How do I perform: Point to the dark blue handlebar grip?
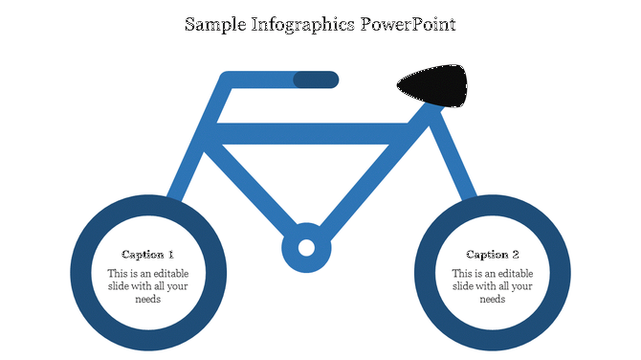tap(316, 79)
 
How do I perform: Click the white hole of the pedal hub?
tap(306, 248)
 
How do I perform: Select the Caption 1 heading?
tap(148, 255)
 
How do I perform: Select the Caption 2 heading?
tap(493, 255)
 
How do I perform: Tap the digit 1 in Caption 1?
tap(171, 255)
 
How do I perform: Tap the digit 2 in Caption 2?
tap(516, 255)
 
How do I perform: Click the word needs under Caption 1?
tap(148, 299)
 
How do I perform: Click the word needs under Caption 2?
tap(493, 299)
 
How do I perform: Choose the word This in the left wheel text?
tap(118, 273)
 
